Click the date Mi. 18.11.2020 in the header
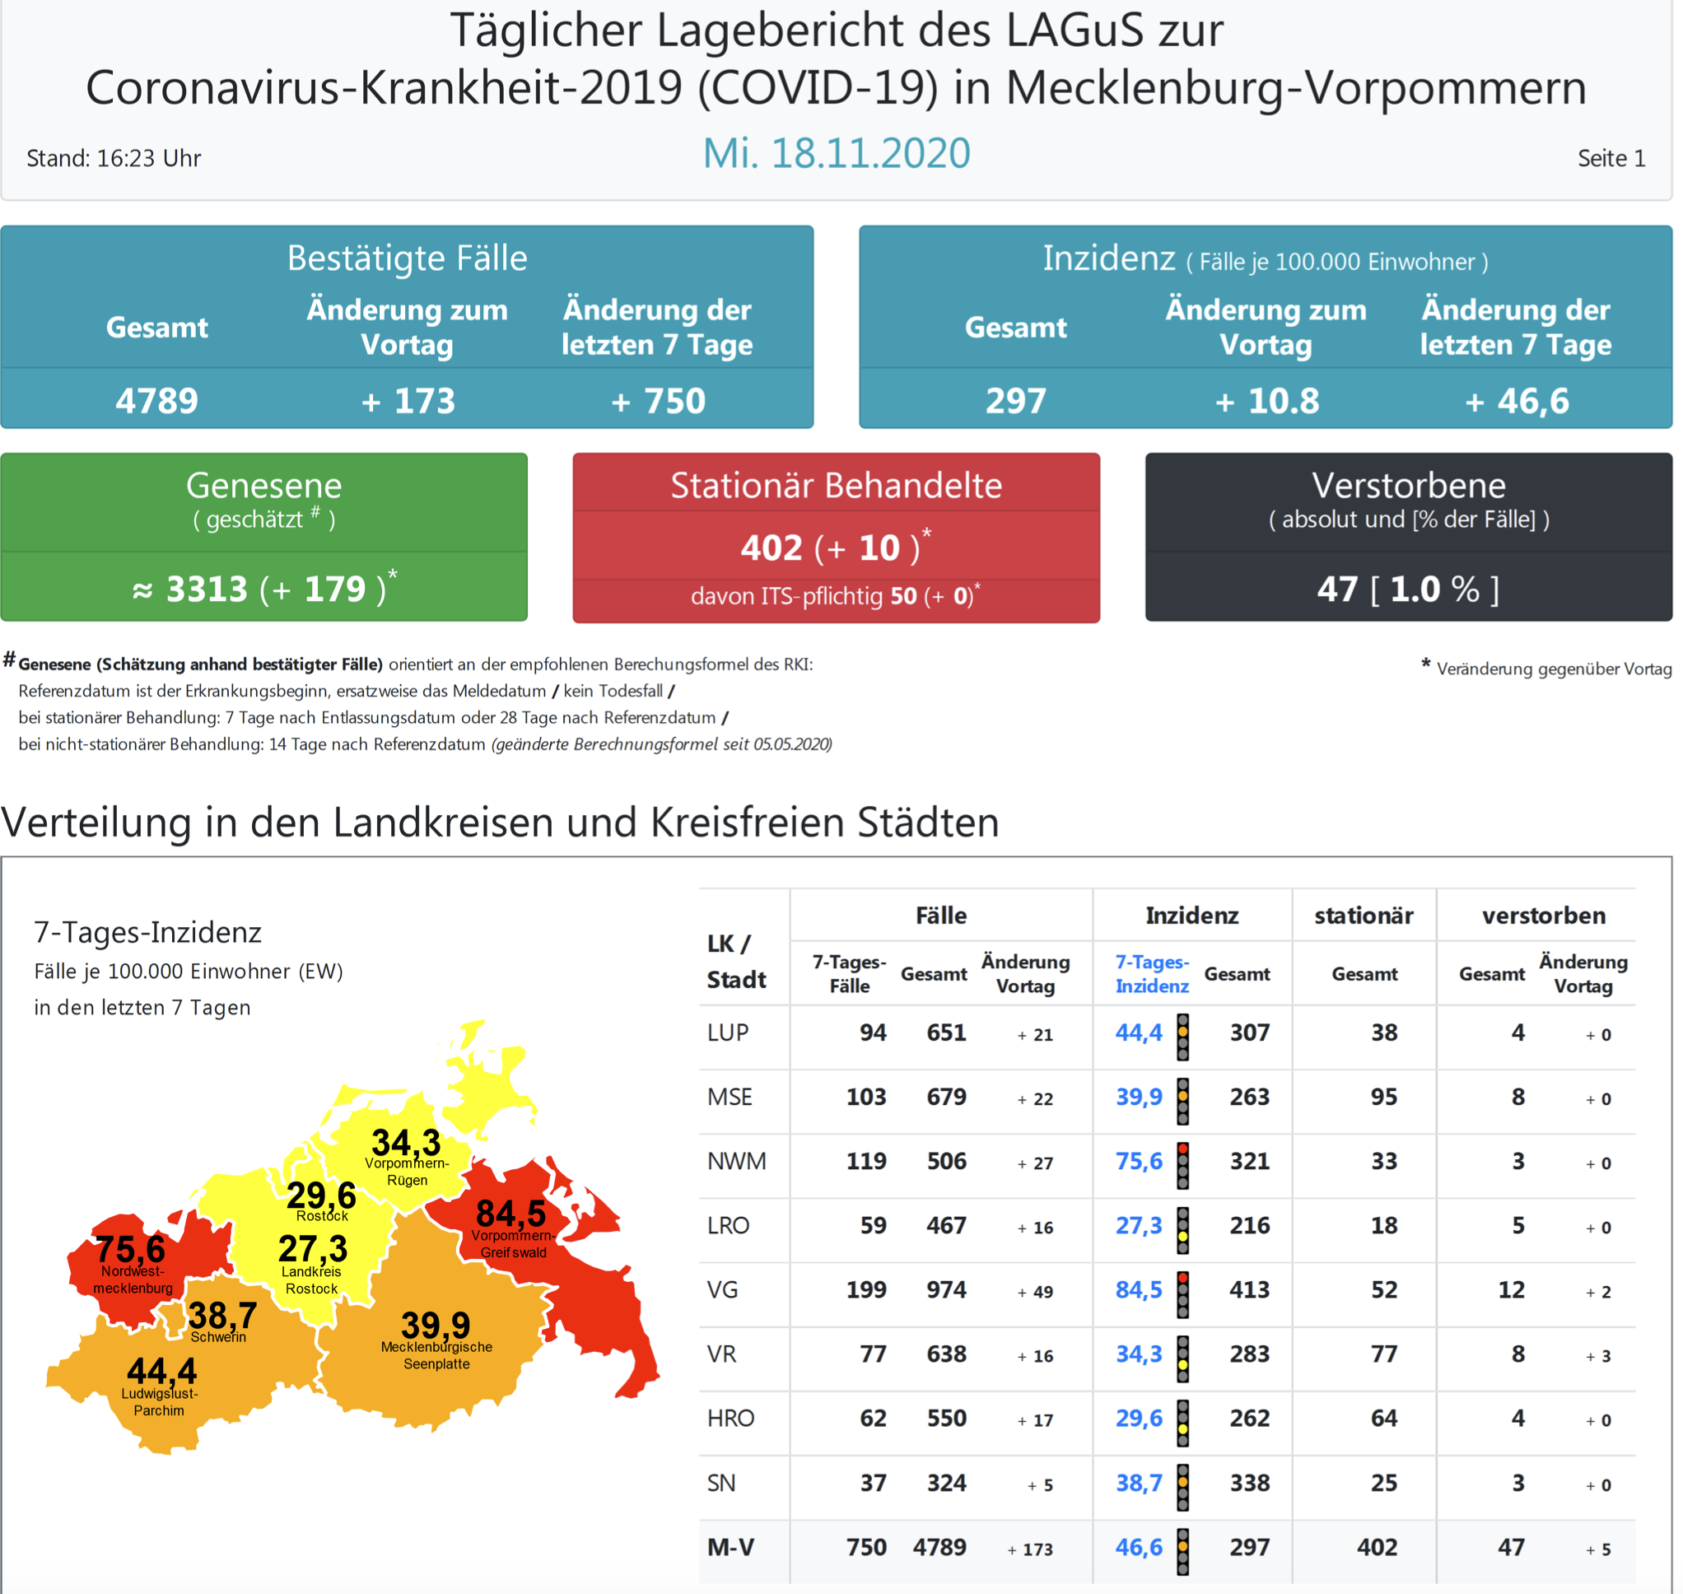836,154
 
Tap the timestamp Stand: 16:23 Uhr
114,159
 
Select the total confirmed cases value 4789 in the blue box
157,401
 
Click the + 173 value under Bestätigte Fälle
408,401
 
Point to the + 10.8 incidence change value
1266,401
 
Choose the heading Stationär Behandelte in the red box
836,486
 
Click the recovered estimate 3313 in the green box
207,590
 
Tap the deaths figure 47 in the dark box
1337,590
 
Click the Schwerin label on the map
218,1337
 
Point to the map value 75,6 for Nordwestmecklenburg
130,1249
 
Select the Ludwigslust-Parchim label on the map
159,1402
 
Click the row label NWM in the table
737,1162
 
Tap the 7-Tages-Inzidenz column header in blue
1152,974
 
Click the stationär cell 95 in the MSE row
1384,1097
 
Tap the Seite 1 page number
1611,159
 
